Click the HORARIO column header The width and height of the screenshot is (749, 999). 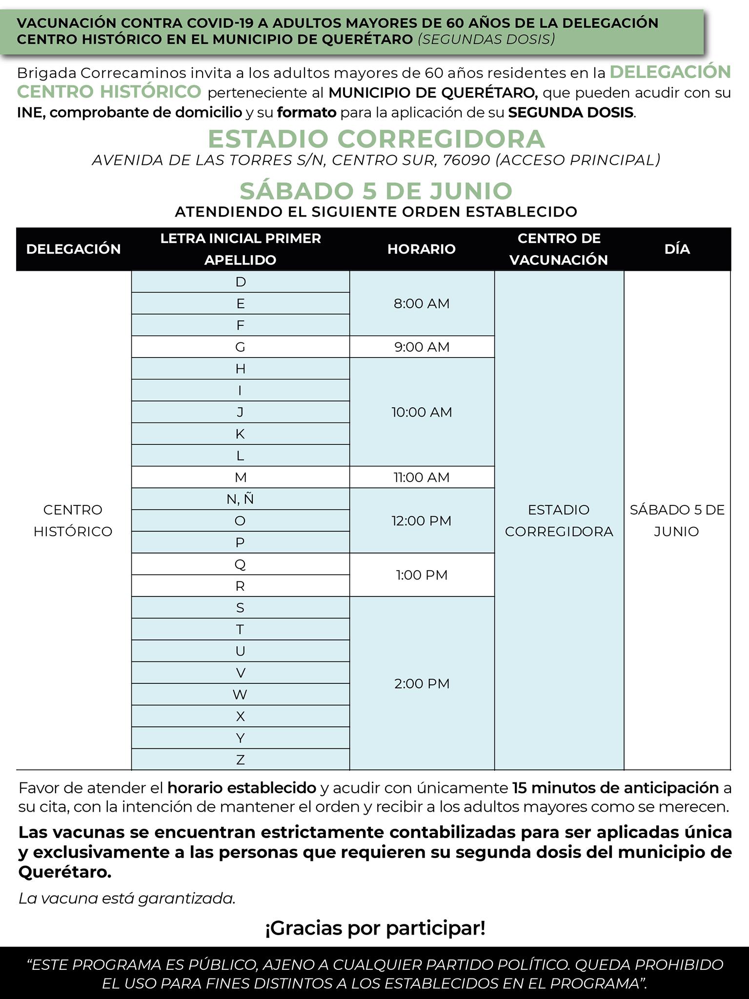click(x=422, y=249)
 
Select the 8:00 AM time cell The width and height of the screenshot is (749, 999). click(x=422, y=303)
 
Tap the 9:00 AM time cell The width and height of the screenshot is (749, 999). click(x=422, y=347)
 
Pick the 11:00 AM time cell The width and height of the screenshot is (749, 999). click(x=422, y=477)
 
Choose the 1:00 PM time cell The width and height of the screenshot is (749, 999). click(x=422, y=575)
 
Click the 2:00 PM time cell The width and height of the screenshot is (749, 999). click(x=422, y=683)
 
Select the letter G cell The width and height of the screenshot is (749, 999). click(x=240, y=347)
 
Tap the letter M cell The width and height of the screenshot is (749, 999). click(x=240, y=477)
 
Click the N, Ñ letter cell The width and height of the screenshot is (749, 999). click(x=240, y=499)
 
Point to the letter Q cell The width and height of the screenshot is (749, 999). click(x=240, y=564)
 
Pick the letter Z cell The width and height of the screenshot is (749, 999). click(x=240, y=759)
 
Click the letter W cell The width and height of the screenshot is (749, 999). click(x=240, y=694)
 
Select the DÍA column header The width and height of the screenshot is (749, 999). click(x=677, y=249)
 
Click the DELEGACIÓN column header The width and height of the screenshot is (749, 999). click(x=74, y=249)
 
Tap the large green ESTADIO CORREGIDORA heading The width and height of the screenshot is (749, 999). click(x=376, y=139)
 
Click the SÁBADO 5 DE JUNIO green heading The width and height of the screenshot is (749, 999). click(x=376, y=190)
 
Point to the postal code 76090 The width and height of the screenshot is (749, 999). click(x=466, y=160)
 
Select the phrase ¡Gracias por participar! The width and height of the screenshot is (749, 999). click(x=375, y=928)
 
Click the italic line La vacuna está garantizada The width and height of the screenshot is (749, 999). click(x=127, y=898)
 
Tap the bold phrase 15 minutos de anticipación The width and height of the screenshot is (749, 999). click(x=616, y=788)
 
